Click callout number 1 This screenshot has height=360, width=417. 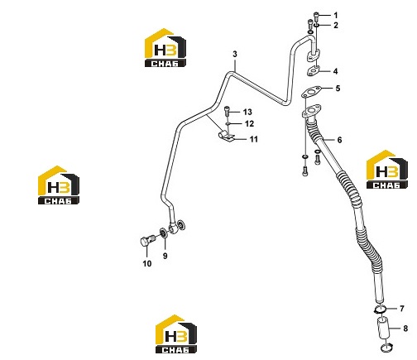pos(336,15)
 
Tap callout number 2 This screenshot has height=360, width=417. pos(336,26)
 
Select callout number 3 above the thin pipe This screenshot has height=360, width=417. pos(235,54)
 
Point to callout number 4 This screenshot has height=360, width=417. pos(335,71)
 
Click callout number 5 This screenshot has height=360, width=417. pos(338,89)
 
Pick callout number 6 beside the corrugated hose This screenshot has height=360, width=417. pos(339,140)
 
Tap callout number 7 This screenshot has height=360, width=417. pos(402,309)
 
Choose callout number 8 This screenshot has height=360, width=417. pos(405,329)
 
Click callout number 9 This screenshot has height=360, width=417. pos(165,256)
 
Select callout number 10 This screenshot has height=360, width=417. pos(147,264)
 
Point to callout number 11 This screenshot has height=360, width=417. pos(254,139)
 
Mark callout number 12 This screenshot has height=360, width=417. pos(249,124)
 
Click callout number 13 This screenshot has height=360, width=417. pos(247,112)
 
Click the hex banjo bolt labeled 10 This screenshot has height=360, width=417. pos(147,241)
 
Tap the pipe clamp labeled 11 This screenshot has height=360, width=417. pos(226,136)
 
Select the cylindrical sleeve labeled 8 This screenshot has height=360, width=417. pos(383,329)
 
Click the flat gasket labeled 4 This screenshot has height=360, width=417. pos(313,71)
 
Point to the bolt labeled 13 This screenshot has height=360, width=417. pos(227,111)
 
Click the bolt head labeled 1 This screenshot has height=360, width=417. pos(316,15)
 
